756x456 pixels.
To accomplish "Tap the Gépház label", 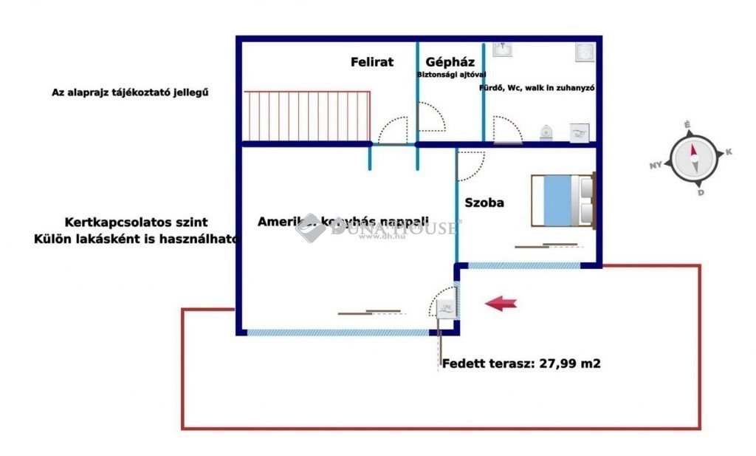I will click(x=445, y=62).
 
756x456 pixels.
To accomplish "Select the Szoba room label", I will click(x=484, y=202).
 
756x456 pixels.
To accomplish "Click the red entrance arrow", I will click(x=501, y=302).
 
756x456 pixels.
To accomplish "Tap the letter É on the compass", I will click(x=687, y=125).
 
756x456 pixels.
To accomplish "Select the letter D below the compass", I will click(x=701, y=192).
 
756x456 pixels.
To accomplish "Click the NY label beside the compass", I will click(x=655, y=166).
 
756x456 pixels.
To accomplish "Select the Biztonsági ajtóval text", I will click(x=452, y=75).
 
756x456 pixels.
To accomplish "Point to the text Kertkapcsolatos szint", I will click(x=136, y=222).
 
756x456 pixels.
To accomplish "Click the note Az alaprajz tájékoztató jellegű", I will click(x=131, y=92).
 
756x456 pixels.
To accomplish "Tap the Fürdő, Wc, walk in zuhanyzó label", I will click(x=537, y=87).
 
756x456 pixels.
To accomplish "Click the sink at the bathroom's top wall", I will click(x=504, y=49).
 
